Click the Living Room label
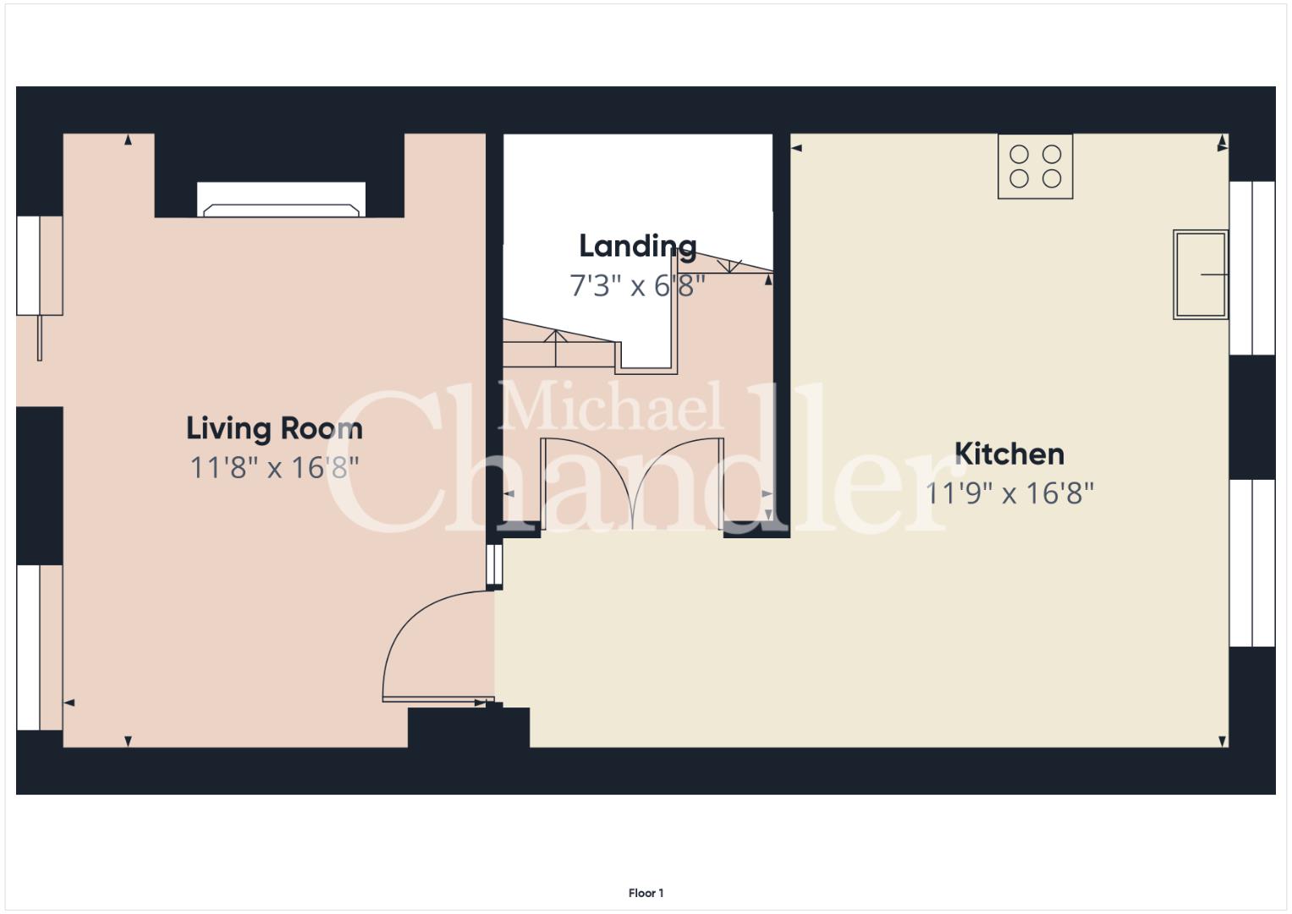pos(274,429)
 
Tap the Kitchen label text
pos(1009,454)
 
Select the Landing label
pos(638,247)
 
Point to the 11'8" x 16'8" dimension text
pos(274,468)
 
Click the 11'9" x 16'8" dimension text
pos(1009,494)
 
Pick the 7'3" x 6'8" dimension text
pos(638,286)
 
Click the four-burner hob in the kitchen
pos(1036,167)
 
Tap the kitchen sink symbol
pos(1201,275)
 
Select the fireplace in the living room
pos(282,200)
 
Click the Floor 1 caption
pos(646,893)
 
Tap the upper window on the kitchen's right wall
pos(1252,268)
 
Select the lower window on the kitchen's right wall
pos(1252,563)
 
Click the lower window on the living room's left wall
pos(39,647)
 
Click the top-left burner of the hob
pos(1020,155)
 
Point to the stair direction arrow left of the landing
pos(555,348)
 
